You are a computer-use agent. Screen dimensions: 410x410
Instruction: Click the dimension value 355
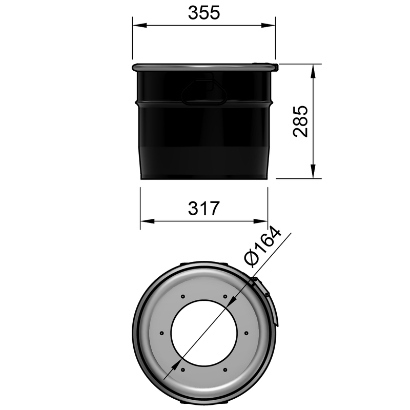[x=203, y=13]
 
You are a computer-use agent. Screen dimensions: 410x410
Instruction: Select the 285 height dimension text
[x=300, y=121]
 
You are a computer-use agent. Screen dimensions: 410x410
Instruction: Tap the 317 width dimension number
[x=203, y=209]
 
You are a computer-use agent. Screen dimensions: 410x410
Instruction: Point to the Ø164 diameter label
[x=263, y=247]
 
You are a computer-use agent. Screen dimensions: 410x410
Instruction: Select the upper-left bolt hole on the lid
[x=182, y=295]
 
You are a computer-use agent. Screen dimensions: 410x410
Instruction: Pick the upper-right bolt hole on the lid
[x=225, y=295]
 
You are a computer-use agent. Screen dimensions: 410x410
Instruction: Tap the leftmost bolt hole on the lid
[x=161, y=333]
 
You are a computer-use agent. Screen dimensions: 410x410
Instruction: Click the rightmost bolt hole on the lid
[x=247, y=333]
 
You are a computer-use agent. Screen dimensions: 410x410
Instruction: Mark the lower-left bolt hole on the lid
[x=182, y=370]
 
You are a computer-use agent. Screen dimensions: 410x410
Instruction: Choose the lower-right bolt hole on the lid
[x=225, y=370]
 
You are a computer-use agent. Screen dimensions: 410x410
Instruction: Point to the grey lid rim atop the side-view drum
[x=204, y=67]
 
